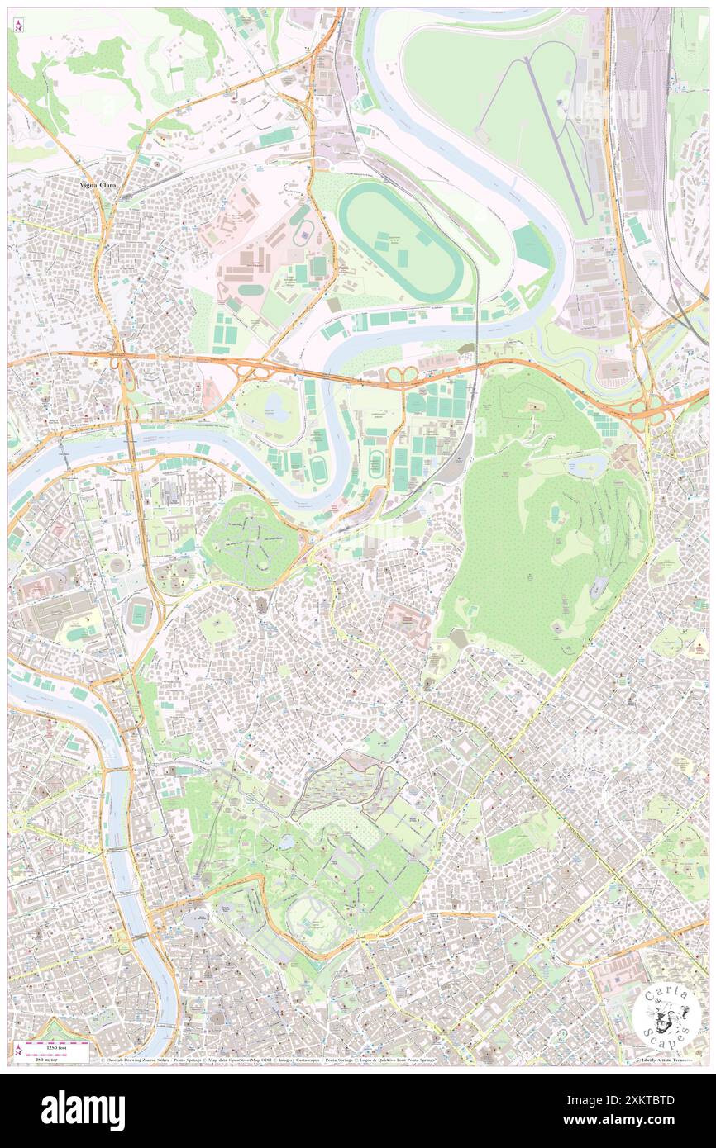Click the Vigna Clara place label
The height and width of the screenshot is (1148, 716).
click(98, 186)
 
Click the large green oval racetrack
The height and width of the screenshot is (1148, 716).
click(401, 240)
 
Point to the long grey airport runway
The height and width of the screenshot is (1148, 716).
click(558, 132)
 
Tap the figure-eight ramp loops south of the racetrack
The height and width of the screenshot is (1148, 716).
click(403, 377)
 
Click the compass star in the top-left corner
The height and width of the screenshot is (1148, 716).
click(18, 26)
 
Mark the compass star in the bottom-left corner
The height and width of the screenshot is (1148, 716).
click(18, 1049)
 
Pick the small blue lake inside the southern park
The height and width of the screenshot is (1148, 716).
click(286, 842)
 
